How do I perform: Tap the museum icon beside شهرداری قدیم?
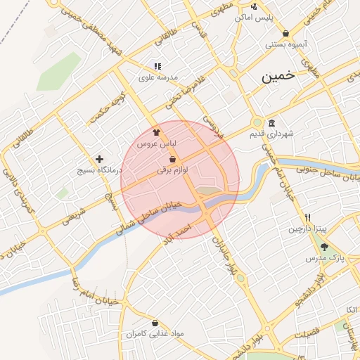coord(271,123)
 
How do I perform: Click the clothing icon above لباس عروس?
coord(157,131)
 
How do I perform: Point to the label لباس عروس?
coord(160,143)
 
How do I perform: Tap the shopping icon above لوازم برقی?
coord(172,159)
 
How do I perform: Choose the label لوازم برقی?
coord(173,169)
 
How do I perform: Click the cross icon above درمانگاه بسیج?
coord(99,160)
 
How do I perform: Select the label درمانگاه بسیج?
coord(99,170)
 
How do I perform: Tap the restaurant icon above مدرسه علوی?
coord(157,66)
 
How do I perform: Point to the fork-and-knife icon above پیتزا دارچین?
coord(307,217)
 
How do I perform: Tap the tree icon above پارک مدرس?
coord(324,247)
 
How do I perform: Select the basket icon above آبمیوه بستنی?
coord(285,33)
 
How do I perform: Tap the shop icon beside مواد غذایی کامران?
coord(155,323)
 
